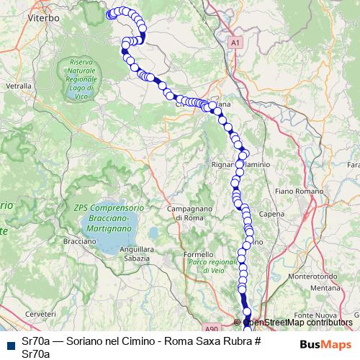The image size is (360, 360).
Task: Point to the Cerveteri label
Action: [x=40, y=315]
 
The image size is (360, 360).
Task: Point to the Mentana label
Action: [x=325, y=288]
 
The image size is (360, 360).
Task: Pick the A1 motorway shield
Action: [x=235, y=44]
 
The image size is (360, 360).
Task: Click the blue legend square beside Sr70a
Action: [x=10, y=344]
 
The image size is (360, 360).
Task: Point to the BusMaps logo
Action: [x=325, y=344]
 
